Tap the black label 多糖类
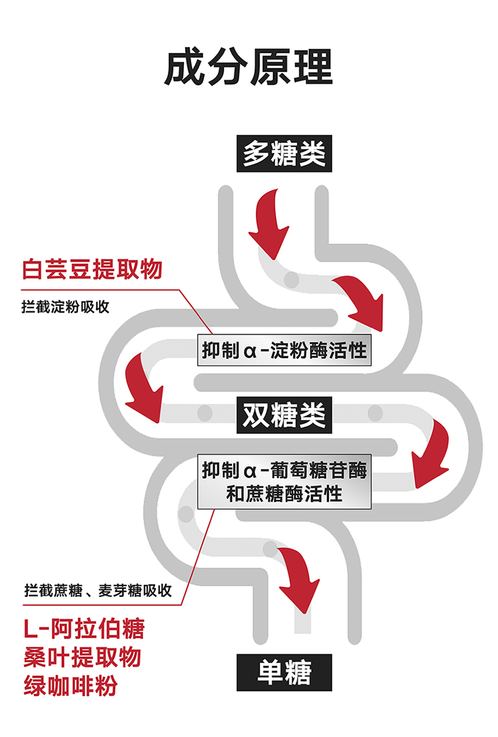pos(284,153)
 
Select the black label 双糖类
pos(284,414)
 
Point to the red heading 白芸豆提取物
pos(92,269)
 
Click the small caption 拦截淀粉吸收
pos(65,307)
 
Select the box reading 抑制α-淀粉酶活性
pos(284,351)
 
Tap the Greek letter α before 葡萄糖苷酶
pos(249,471)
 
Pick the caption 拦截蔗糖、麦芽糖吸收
pos(96,591)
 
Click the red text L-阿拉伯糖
pos(84,629)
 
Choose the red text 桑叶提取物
pos(82,657)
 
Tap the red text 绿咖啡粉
pos(70,685)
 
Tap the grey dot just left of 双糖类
pos(204,414)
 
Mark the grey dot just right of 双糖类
pos(375,414)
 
